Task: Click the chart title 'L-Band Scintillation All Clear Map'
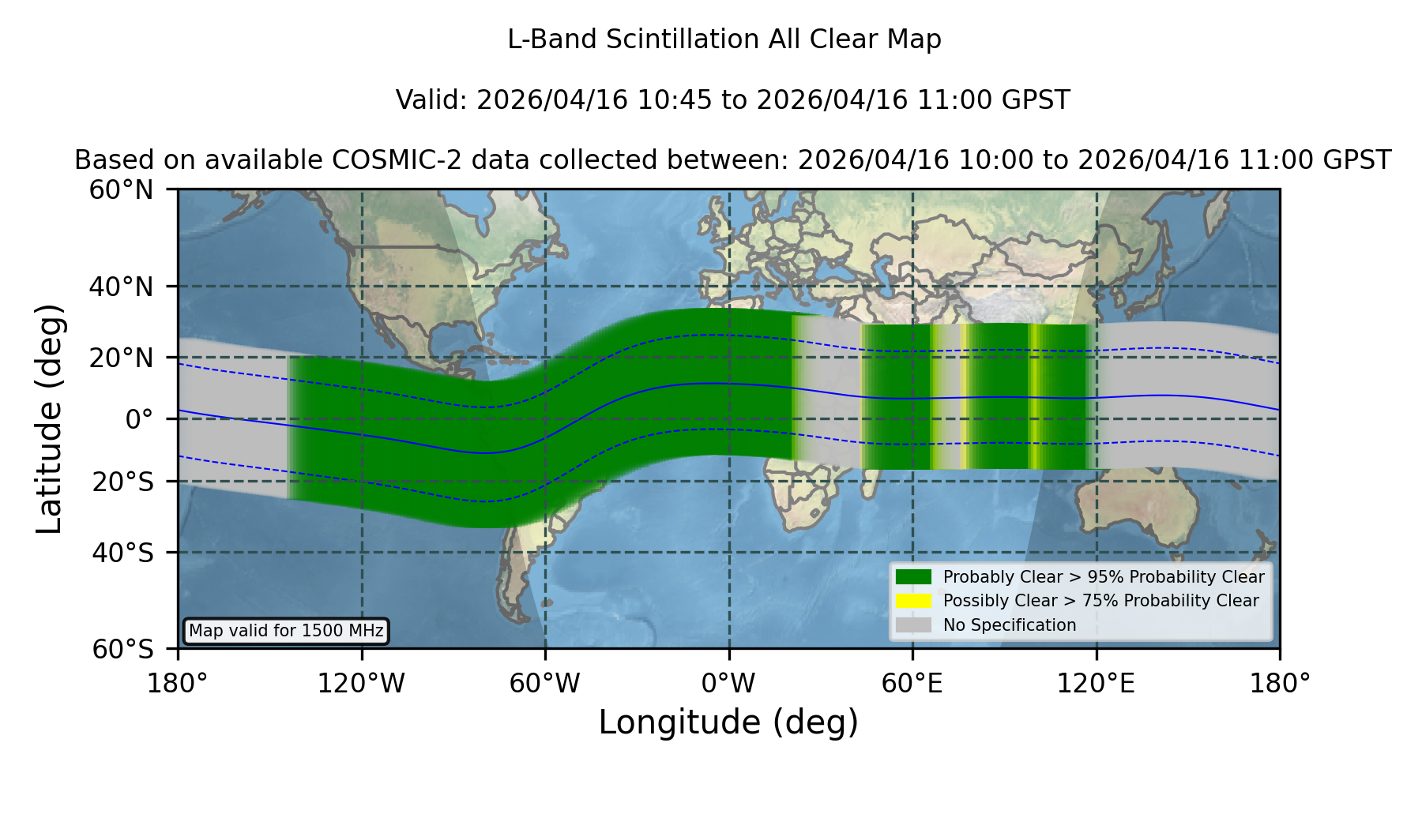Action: (724, 39)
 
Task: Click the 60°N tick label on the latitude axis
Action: (122, 190)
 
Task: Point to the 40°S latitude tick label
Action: (122, 553)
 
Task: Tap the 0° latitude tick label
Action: (139, 419)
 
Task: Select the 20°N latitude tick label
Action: (122, 358)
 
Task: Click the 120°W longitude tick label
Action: (361, 683)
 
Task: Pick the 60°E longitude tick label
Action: (912, 683)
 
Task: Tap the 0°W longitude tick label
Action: (728, 683)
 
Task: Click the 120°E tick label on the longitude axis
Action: (1096, 683)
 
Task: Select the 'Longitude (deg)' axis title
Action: (728, 722)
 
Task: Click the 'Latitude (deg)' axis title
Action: (50, 418)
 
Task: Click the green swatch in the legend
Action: (913, 577)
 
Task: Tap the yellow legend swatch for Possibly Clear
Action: (913, 601)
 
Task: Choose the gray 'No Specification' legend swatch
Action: (913, 625)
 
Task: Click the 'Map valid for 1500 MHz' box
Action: (286, 631)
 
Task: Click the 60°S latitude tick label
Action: (122, 650)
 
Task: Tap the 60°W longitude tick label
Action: (545, 683)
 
